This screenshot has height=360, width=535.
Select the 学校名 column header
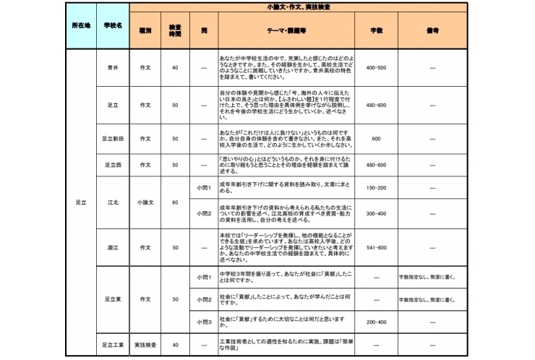112,25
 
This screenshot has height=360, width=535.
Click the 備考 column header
432,32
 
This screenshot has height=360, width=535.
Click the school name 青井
112,67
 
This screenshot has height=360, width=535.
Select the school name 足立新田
112,138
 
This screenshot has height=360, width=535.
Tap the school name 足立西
112,165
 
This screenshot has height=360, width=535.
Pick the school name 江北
112,202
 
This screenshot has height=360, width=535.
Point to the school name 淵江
112,247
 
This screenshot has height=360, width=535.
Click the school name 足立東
112,299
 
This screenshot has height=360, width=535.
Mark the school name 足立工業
112,345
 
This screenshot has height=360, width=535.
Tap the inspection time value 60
174,202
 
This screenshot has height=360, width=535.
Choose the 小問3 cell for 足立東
205,320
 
